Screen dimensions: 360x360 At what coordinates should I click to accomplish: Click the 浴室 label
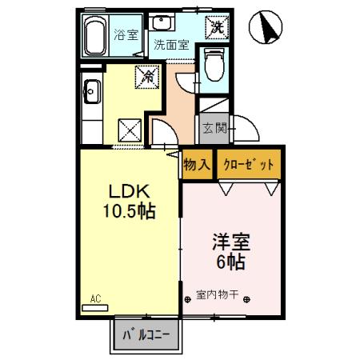point(126,35)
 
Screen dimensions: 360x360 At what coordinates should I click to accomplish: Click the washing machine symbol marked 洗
point(216,26)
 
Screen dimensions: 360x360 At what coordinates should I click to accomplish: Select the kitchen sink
point(89,92)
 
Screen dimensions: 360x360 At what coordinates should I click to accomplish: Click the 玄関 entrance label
point(215,128)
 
